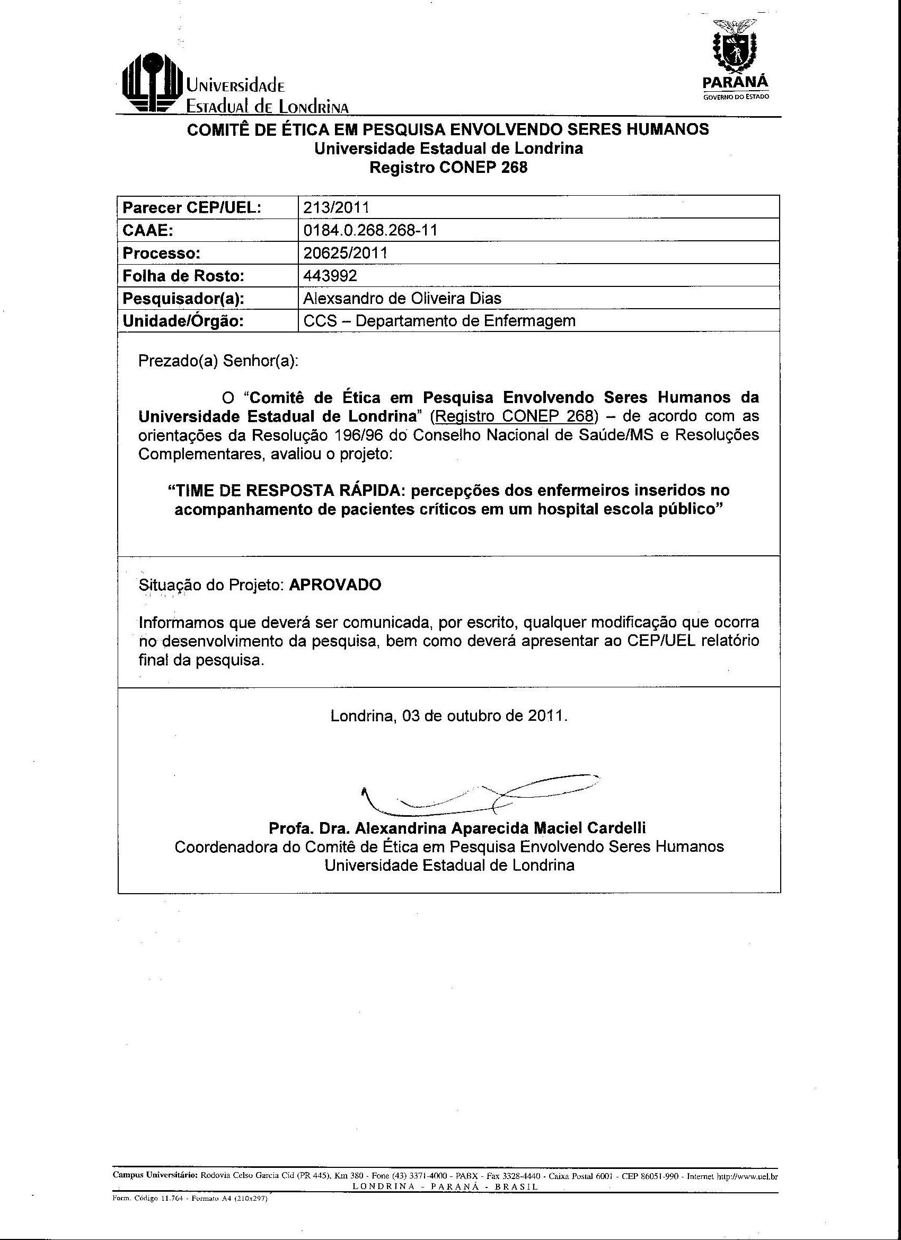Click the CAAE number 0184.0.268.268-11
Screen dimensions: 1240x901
tap(370, 230)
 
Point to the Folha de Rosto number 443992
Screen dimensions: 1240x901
tap(330, 276)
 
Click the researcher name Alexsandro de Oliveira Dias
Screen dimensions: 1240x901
tap(402, 298)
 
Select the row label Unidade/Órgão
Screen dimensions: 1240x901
tap(182, 321)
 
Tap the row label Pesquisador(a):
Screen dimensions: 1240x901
tap(183, 299)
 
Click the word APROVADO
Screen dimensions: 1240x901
tap(335, 585)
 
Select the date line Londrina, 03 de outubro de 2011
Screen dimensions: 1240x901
tap(449, 715)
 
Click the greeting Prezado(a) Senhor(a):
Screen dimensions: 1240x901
tap(218, 361)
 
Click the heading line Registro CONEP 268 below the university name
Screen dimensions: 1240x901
tap(448, 167)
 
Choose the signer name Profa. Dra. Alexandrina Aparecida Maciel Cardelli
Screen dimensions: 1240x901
tap(457, 828)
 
